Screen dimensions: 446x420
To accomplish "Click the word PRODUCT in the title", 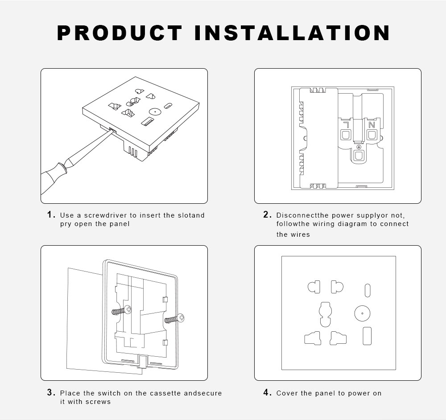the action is coord(120,33).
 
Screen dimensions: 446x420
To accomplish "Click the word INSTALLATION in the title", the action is coord(292,33).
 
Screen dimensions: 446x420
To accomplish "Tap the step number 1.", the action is coord(51,214).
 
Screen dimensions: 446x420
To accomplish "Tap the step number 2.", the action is coord(267,214).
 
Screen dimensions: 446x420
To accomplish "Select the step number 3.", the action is coord(51,392).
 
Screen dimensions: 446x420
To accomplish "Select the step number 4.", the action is coord(267,392).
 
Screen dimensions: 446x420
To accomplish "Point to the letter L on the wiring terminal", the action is coord(346,125).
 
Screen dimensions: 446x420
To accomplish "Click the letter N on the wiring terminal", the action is coord(372,125).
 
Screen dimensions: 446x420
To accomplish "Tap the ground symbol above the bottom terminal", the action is coord(359,147).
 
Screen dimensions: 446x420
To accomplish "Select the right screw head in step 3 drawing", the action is coord(181,318).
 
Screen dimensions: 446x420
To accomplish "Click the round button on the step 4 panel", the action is coord(362,313).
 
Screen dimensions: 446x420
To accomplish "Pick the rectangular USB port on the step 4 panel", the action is coord(367,336).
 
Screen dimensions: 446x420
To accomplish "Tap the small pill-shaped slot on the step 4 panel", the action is coord(368,290).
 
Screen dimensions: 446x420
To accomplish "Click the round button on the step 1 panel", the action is coord(155,112).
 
